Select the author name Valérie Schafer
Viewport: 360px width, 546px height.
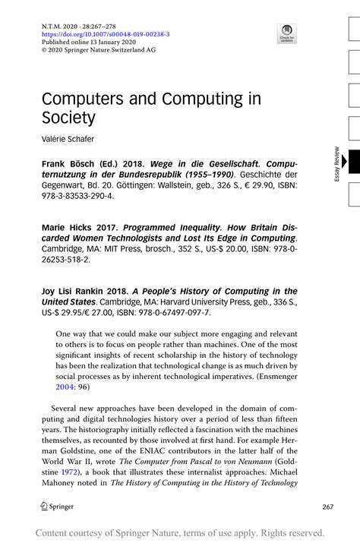tap(68, 139)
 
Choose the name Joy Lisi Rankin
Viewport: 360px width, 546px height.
tap(73, 292)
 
